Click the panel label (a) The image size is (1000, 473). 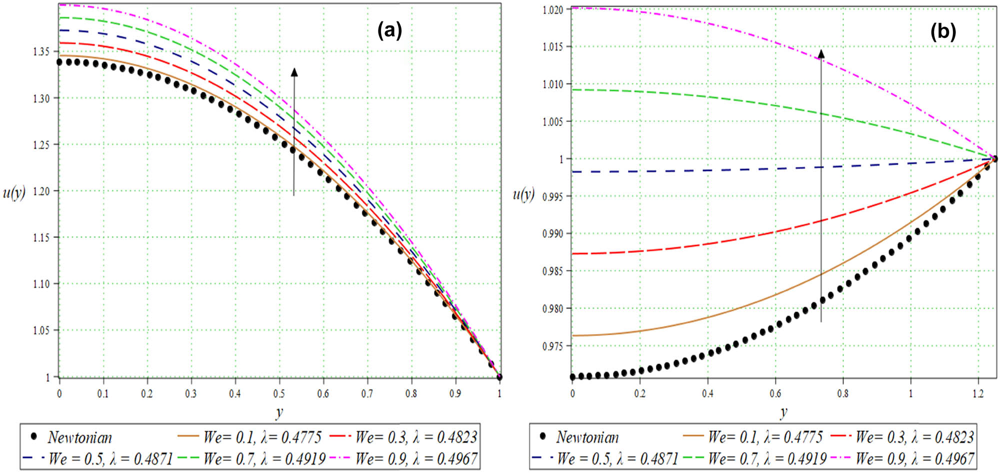389,31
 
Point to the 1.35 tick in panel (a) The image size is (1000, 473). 41,51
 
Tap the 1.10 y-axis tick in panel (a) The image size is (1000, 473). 41,283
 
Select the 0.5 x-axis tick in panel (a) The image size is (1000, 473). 279,394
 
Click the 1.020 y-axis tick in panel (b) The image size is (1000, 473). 553,9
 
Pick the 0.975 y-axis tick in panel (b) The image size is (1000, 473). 553,346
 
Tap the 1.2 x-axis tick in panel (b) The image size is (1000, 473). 978,394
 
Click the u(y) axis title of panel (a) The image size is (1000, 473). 14,192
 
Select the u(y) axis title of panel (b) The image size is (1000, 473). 523,194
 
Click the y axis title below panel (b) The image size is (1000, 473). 783,412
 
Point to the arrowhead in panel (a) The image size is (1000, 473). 294,72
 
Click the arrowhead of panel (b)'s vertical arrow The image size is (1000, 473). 821,53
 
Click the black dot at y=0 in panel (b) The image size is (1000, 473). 573,376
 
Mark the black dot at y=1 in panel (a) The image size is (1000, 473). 499,377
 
